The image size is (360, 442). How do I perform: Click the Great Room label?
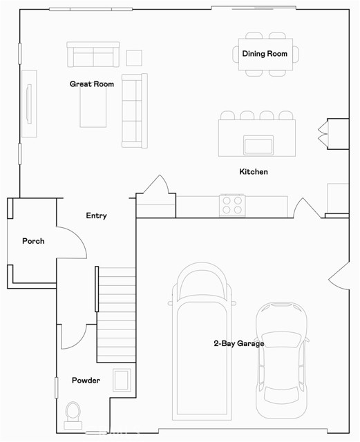[92, 84]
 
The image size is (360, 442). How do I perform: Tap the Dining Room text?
[265, 54]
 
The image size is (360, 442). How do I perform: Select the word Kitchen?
[254, 172]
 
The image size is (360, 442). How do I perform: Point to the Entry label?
[97, 215]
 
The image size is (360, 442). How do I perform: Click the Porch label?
[33, 241]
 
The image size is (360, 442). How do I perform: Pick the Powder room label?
[86, 381]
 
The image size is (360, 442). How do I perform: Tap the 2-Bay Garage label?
[239, 343]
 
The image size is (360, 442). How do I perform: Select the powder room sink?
[122, 380]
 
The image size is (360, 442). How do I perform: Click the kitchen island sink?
[258, 145]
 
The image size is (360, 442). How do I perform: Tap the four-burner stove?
[232, 205]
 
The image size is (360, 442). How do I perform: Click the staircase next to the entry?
[116, 315]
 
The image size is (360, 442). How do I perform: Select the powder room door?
[74, 337]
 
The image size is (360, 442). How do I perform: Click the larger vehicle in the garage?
[202, 341]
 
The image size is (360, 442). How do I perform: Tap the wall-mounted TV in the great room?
[29, 104]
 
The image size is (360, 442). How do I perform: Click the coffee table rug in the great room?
[93, 106]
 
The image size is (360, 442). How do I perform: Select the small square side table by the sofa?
[134, 58]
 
